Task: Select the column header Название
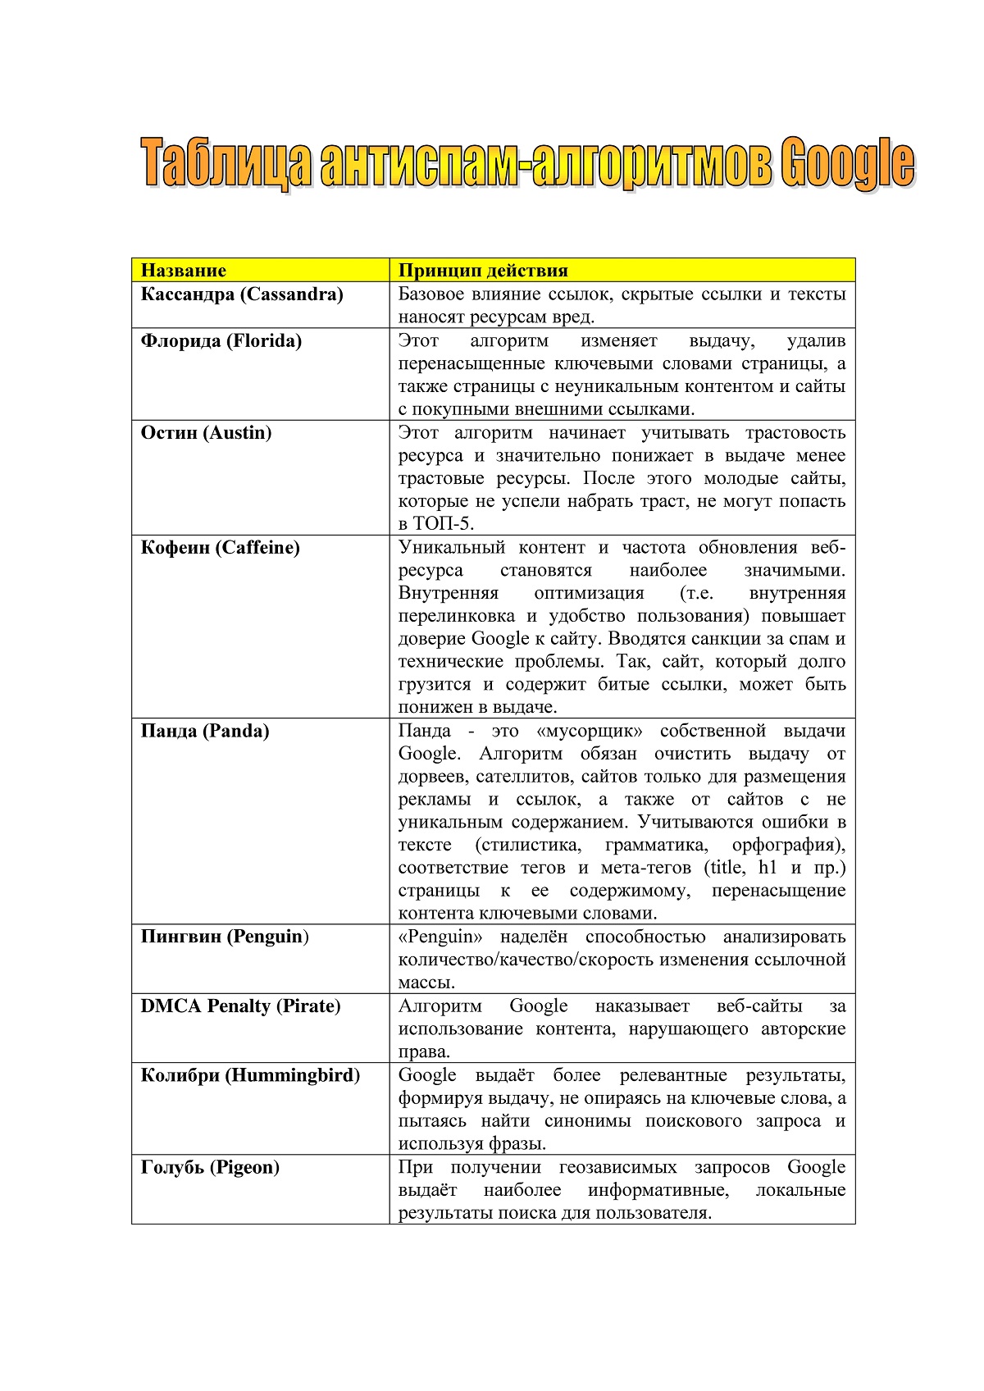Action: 183,271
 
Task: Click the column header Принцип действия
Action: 483,271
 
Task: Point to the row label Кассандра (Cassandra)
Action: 242,294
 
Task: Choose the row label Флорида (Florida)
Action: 221,341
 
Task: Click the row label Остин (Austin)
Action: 206,433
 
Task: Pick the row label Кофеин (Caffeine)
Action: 220,548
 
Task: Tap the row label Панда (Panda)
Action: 205,732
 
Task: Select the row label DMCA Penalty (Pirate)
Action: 240,1006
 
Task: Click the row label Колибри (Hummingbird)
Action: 250,1075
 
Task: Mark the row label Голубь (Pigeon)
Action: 210,1167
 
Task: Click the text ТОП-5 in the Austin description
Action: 443,524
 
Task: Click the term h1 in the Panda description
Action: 767,868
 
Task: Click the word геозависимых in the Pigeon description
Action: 617,1167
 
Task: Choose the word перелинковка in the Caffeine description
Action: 457,616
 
